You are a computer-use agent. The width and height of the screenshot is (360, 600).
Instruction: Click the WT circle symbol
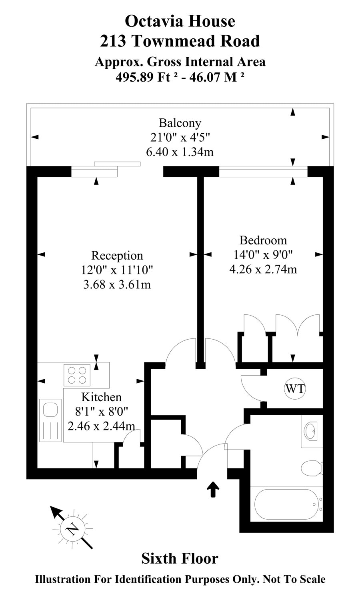pos(295,388)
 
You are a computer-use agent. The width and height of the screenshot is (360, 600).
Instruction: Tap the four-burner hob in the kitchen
pos(77,375)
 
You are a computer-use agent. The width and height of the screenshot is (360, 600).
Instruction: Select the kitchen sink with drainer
pos(50,420)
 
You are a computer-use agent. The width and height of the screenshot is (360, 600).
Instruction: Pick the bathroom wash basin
pos(311,431)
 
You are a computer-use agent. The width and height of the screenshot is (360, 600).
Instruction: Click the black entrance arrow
pos(213,489)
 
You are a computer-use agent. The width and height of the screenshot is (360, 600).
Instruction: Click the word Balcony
pos(180,123)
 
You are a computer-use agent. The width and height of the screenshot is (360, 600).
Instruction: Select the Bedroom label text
pos(263,240)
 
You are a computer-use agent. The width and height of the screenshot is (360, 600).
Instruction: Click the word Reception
pos(117,255)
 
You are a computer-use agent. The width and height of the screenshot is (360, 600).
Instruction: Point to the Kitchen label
pos(101,397)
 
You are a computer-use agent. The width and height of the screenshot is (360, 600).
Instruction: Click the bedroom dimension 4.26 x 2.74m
pos(263,269)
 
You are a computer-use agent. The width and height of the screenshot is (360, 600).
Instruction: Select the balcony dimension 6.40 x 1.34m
pos(180,152)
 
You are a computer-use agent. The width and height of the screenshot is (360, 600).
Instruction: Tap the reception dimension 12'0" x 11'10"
pos(117,270)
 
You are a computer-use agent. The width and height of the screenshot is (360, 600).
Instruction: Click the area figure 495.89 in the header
pos(134,78)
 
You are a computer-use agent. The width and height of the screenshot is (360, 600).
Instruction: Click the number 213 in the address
pos(113,41)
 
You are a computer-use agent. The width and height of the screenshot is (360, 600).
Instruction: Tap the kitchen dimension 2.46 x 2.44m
pos(101,426)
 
